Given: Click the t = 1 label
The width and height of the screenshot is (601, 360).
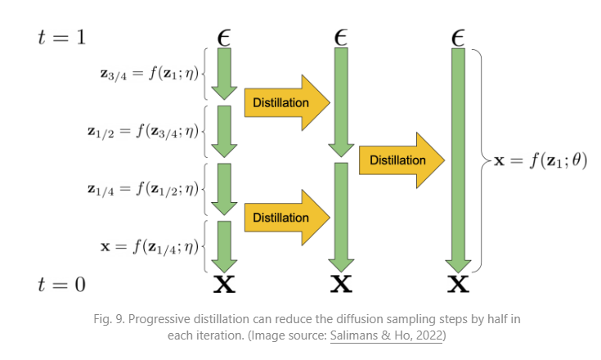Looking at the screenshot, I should [x=61, y=38].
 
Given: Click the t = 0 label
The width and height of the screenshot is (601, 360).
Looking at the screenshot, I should [x=61, y=284].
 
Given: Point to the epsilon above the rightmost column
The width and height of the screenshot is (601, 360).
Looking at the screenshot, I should [x=458, y=37].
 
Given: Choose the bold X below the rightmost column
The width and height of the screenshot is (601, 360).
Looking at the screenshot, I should [x=458, y=285].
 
